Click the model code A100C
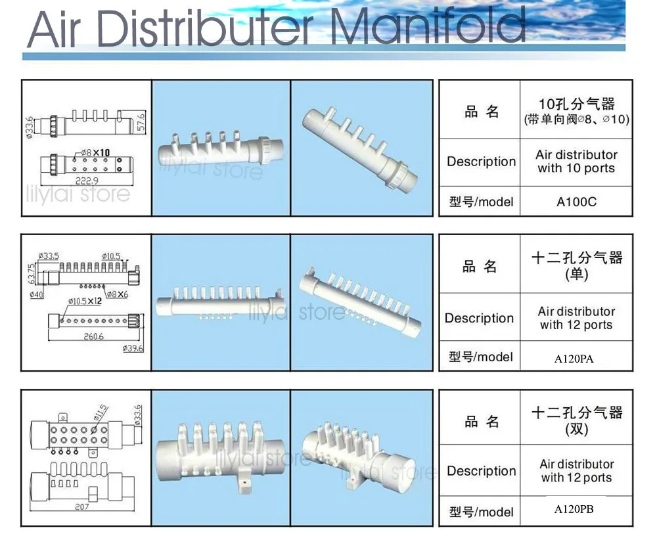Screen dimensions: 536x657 point(576,202)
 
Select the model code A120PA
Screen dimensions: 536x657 point(576,359)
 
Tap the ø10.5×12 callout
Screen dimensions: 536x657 point(86,301)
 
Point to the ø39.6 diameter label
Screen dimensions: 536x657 point(133,348)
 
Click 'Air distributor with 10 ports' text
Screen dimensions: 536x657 point(576,162)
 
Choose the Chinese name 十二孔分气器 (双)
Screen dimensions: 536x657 point(576,420)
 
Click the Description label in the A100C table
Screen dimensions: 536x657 point(481,162)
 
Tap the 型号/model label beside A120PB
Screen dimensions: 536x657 point(481,511)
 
